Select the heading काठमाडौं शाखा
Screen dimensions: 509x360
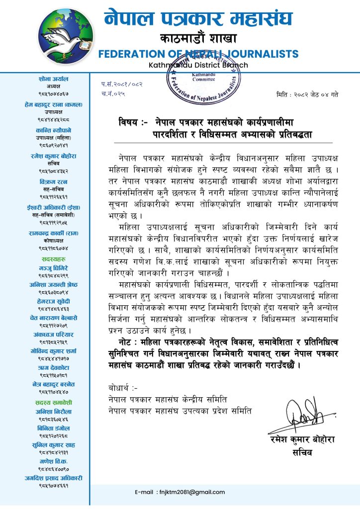[x=198, y=38]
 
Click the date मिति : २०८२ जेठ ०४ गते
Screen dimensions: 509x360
[x=307, y=94]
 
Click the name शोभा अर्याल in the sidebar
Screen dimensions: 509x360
[x=53, y=79]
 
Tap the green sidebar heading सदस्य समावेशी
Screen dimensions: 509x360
[x=53, y=402]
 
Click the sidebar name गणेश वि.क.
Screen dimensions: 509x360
[x=53, y=462]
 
